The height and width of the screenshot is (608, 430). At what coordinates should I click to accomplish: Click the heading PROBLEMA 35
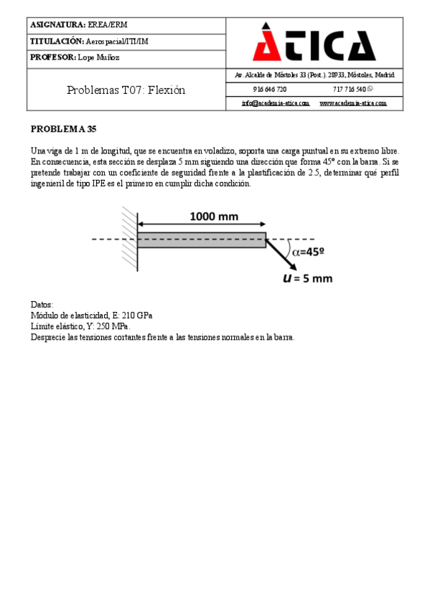pyautogui.click(x=63, y=129)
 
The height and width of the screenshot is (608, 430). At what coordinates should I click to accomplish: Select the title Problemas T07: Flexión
pyautogui.click(x=126, y=90)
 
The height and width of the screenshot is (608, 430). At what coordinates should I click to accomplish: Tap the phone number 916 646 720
pyautogui.click(x=270, y=90)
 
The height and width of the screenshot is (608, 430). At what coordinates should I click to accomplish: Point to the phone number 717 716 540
pyautogui.click(x=350, y=90)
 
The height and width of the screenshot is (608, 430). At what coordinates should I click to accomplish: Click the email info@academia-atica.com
pyautogui.click(x=275, y=103)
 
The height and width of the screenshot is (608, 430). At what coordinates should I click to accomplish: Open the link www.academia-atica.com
pyautogui.click(x=352, y=103)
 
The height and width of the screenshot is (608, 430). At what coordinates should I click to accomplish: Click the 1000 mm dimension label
pyautogui.click(x=214, y=216)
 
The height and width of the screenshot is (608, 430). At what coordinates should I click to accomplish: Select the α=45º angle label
pyautogui.click(x=308, y=252)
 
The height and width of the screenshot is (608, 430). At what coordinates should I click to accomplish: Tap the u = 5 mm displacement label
pyautogui.click(x=307, y=277)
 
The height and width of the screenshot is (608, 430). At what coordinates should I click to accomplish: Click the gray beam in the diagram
pyautogui.click(x=201, y=239)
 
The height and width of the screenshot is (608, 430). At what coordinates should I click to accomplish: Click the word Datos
pyautogui.click(x=42, y=304)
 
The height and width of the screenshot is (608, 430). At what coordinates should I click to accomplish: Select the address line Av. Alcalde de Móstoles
pyautogui.click(x=314, y=75)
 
